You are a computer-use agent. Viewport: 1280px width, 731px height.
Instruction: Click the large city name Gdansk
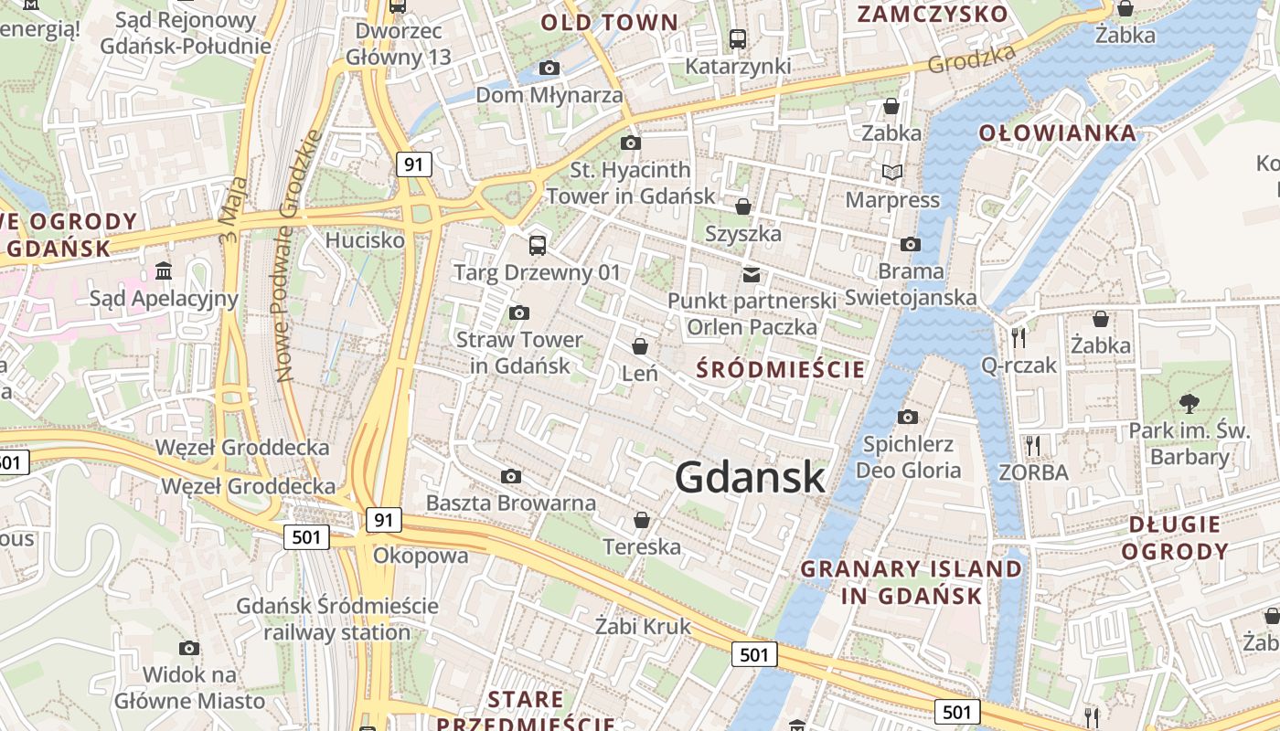[750, 477]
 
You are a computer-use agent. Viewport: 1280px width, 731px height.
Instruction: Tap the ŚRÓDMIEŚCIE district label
[780, 370]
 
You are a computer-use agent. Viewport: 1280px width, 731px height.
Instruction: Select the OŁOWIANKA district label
[1057, 133]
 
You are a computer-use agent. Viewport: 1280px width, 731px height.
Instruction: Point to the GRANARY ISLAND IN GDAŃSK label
[911, 582]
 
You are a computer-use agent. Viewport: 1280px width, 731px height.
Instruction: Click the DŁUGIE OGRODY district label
[1175, 537]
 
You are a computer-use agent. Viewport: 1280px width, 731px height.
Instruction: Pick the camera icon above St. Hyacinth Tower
[630, 143]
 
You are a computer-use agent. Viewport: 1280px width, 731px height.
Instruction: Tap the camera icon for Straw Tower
[518, 313]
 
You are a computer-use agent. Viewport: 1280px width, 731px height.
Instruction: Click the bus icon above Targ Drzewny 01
[537, 245]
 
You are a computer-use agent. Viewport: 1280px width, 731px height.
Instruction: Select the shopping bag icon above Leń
[640, 346]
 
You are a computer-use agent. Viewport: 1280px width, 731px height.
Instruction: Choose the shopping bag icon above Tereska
[642, 520]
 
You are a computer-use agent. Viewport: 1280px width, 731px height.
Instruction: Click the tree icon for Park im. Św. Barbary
[1189, 403]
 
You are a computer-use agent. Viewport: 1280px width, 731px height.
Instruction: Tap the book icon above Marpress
[891, 172]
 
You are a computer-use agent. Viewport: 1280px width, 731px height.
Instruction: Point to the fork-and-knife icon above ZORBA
[1033, 445]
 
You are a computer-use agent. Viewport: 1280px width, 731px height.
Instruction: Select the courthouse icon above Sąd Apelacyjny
[164, 270]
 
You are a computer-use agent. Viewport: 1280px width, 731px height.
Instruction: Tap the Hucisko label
[365, 240]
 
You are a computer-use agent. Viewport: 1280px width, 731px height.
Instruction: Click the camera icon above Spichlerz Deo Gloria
[907, 417]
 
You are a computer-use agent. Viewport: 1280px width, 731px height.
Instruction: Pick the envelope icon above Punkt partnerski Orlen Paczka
[752, 274]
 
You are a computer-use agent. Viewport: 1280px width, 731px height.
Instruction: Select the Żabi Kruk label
[643, 627]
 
